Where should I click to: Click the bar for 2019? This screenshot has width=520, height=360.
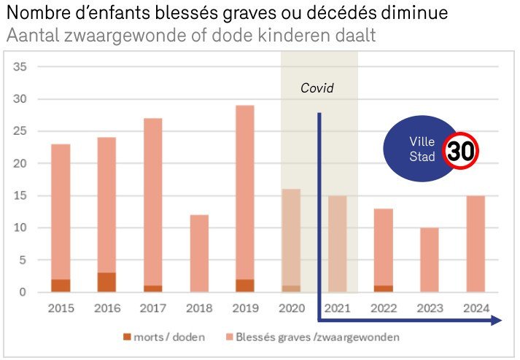(x=244, y=197)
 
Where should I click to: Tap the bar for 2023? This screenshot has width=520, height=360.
(x=430, y=259)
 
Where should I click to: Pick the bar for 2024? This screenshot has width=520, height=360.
(x=476, y=243)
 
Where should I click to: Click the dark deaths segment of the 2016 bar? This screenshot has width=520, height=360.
(x=106, y=283)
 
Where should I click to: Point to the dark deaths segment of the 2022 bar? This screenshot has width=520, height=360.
(x=383, y=289)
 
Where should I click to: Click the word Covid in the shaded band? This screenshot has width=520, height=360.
(x=317, y=88)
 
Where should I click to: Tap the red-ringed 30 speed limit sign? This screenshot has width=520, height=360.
(x=462, y=151)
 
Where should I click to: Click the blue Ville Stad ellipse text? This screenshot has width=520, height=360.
(x=422, y=149)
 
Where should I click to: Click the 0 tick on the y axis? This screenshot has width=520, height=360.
(x=23, y=292)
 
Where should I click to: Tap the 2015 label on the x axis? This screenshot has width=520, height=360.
(x=61, y=309)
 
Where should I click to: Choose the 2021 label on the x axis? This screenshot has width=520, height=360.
(x=337, y=309)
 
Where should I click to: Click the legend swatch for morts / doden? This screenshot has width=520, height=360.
(x=127, y=338)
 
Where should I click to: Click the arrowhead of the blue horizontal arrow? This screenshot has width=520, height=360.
(x=496, y=320)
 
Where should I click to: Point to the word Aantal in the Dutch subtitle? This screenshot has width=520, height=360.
(x=29, y=34)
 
